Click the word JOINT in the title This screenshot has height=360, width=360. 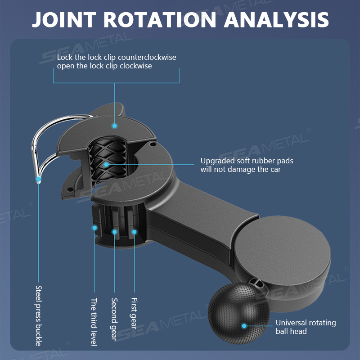(64, 20)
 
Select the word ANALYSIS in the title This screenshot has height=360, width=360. (276, 20)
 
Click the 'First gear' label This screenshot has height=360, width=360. (134, 313)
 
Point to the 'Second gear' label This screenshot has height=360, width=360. (114, 319)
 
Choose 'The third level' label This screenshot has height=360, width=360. (94, 322)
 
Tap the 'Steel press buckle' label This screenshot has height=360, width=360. (39, 316)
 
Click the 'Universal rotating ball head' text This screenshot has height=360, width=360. (306, 327)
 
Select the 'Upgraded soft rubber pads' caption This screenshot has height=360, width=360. (247, 161)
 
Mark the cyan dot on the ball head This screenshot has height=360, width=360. (244, 326)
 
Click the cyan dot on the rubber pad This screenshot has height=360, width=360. (106, 165)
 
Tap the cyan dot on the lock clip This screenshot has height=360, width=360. (114, 126)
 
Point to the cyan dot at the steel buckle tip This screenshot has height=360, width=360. (39, 179)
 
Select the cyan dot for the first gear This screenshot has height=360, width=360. (134, 232)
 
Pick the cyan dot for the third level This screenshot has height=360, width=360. (94, 228)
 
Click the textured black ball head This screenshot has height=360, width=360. (239, 313)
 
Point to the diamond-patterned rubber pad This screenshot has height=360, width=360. (108, 161)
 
